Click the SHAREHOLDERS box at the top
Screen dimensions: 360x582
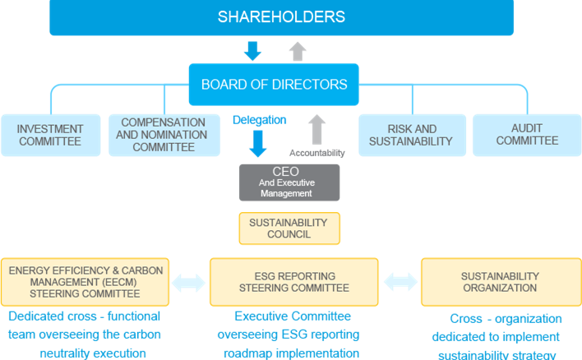coord(281,17)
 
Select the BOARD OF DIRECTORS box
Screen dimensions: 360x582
coord(274,84)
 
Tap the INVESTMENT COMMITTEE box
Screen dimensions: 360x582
coord(51,135)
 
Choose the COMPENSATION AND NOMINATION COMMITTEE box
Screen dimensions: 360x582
coord(164,135)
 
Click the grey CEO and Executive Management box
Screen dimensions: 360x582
coord(289,182)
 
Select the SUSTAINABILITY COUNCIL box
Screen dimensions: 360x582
coord(289,228)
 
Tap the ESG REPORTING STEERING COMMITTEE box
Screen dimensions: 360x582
coord(293,282)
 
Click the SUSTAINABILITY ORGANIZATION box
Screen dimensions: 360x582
coord(500,282)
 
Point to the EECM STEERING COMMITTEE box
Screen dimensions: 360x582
coord(85,282)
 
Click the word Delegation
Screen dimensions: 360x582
coord(259,120)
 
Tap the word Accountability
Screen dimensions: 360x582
coord(316,153)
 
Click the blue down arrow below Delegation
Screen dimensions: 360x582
coord(259,143)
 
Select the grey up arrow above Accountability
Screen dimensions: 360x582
coord(316,130)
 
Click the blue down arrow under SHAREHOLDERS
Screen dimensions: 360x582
coord(253,50)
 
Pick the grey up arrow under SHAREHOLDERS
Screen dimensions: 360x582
coord(298,50)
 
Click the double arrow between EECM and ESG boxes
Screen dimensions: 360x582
coord(189,283)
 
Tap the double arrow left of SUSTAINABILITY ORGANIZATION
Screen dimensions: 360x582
coord(400,283)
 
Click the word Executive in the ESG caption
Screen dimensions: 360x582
coord(263,316)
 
